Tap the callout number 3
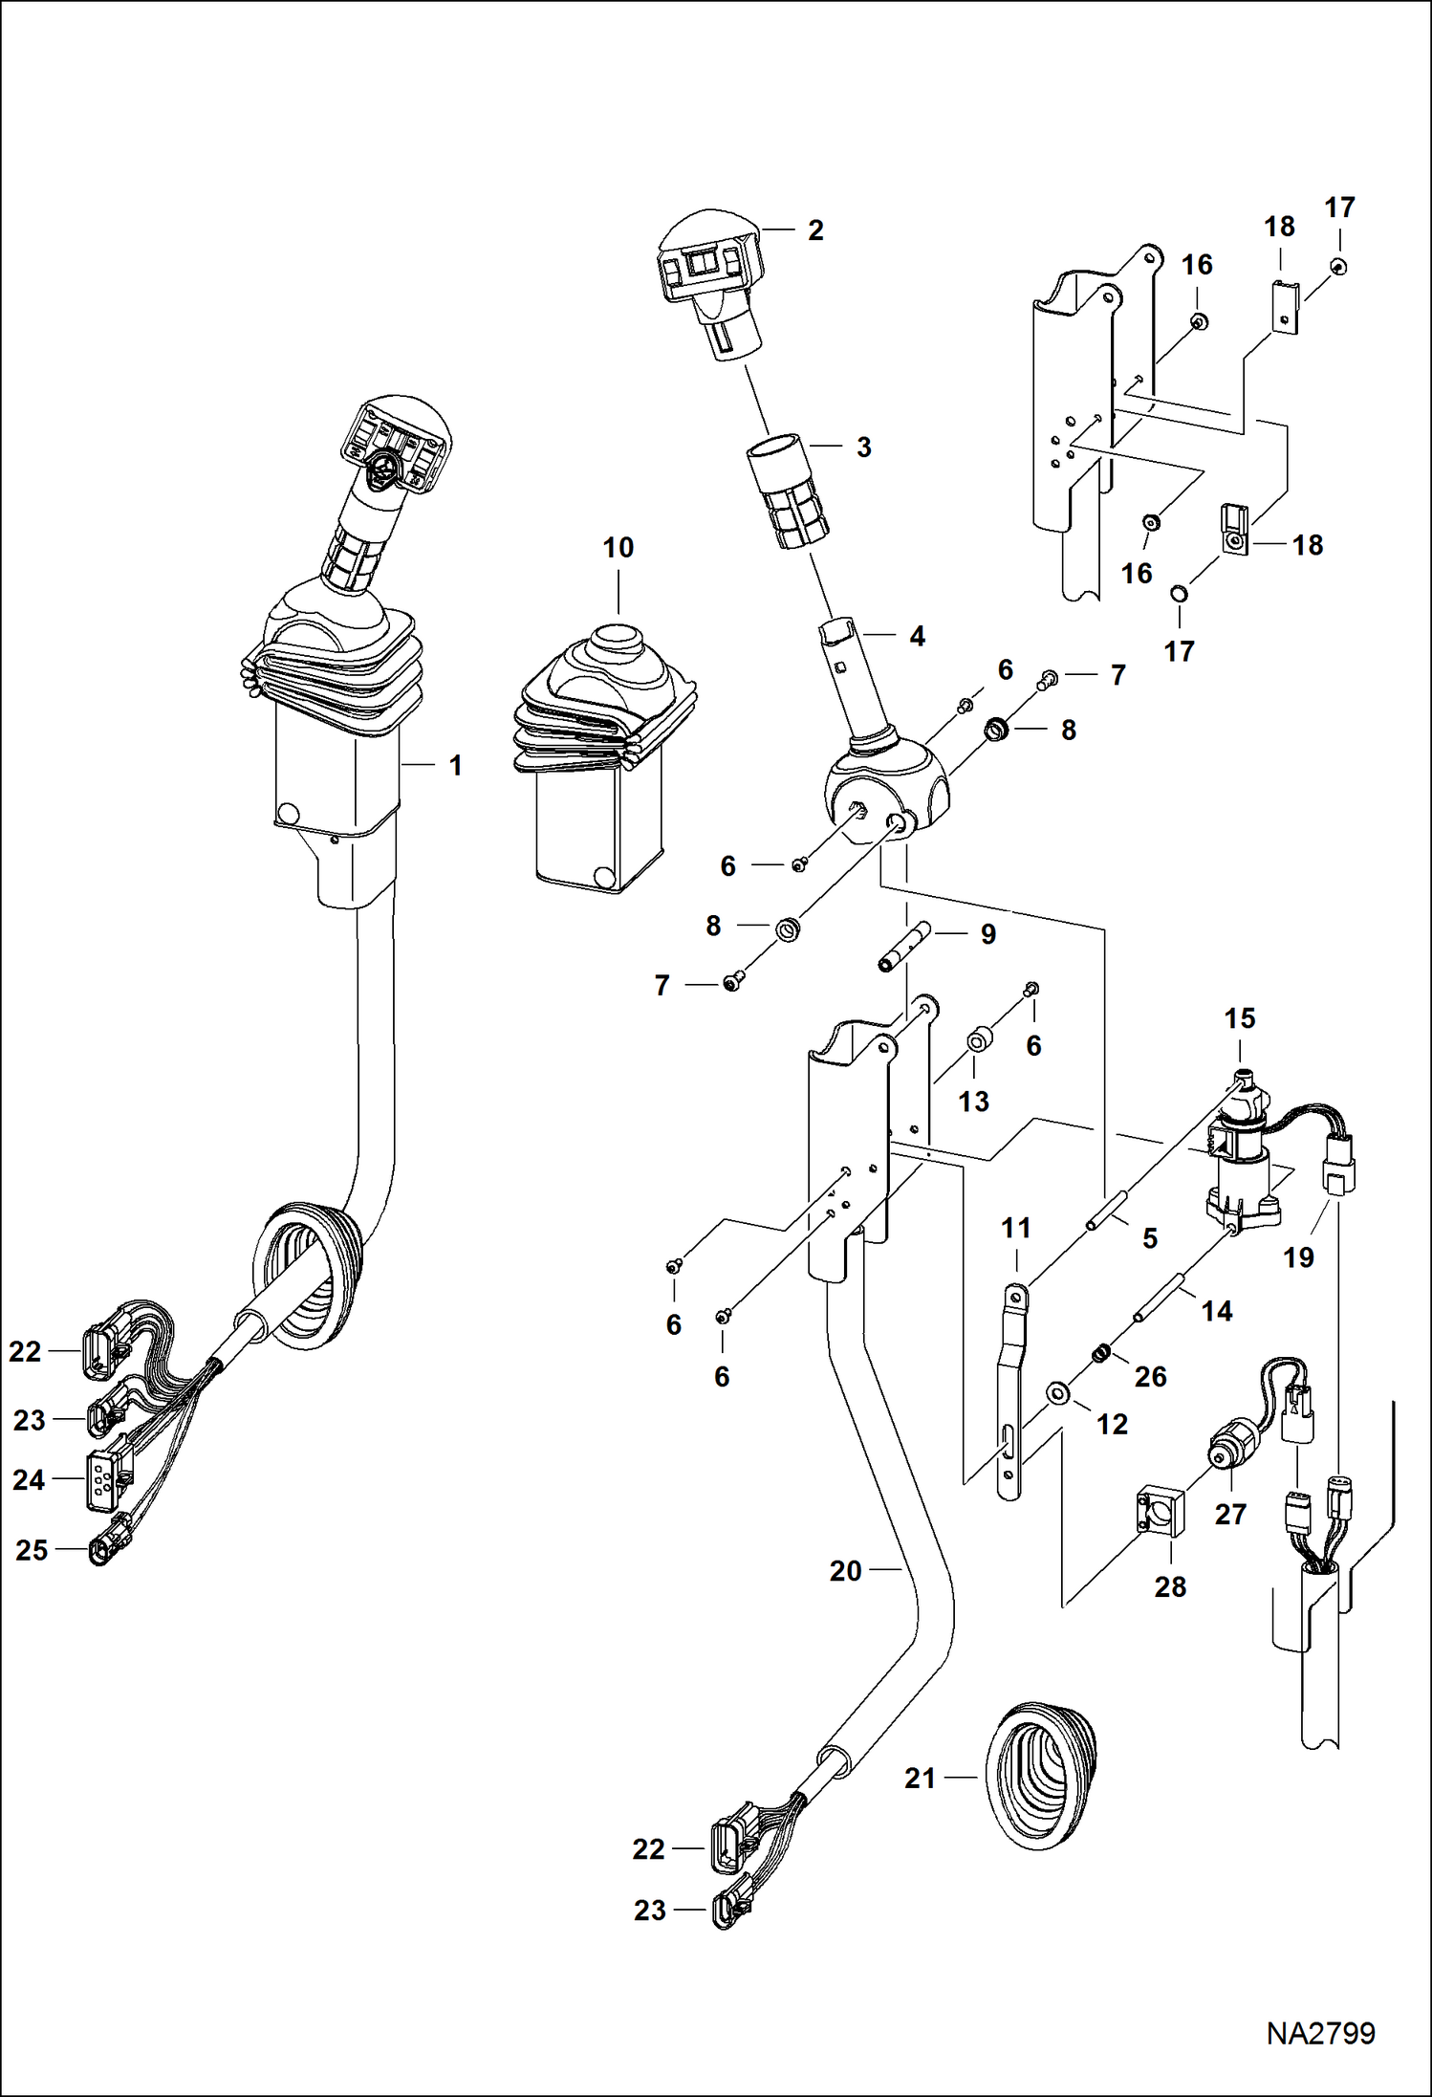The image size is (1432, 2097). coord(863,448)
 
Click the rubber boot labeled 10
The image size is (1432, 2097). coord(604,746)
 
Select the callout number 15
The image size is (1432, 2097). coord(1239,1018)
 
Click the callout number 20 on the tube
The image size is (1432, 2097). coord(845,1570)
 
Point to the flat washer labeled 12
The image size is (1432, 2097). coord(1058,1392)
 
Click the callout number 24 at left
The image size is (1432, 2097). coord(29,1479)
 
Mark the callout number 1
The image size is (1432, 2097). coord(455,765)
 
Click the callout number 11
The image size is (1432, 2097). coord(1015,1228)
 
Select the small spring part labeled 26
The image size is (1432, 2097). coord(1102,1353)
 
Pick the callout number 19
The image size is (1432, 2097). coord(1298,1256)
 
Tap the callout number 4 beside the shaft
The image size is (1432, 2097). coord(917,636)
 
